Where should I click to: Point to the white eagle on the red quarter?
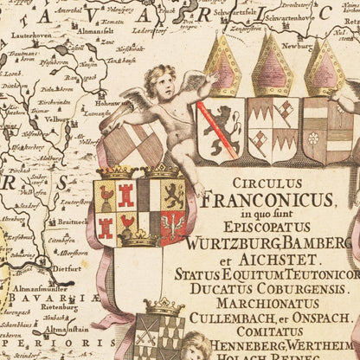tap(174, 226)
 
